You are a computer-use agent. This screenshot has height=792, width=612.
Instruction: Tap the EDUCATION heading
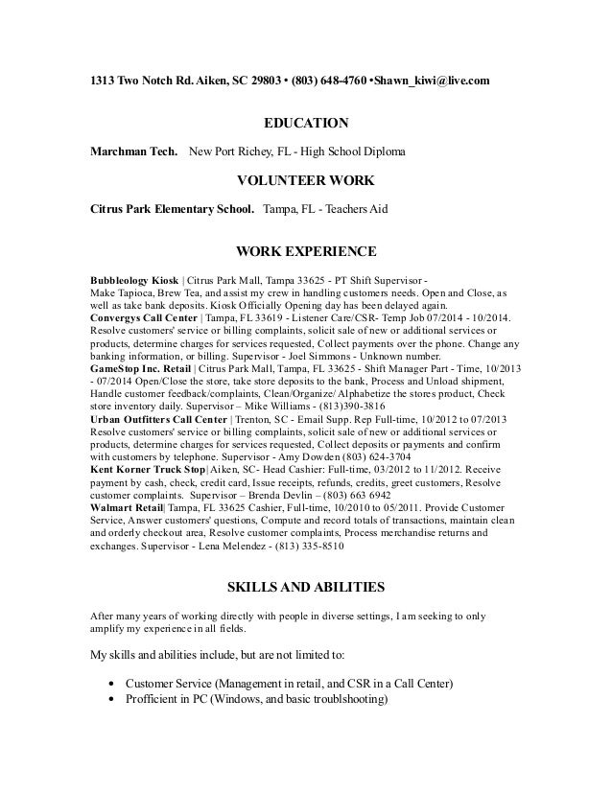pyautogui.click(x=306, y=124)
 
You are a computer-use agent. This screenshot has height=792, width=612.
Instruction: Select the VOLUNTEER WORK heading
pyautogui.click(x=305, y=179)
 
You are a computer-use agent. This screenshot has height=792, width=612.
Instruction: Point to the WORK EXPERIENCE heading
pyautogui.click(x=305, y=252)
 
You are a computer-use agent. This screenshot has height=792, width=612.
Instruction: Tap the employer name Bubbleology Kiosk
pyautogui.click(x=134, y=279)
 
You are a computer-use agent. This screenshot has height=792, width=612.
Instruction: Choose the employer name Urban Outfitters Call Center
pyautogui.click(x=159, y=419)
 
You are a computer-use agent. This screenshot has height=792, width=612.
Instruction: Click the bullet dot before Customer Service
pyautogui.click(x=114, y=684)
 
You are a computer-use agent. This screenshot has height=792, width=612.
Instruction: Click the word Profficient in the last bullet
pyautogui.click(x=156, y=700)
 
